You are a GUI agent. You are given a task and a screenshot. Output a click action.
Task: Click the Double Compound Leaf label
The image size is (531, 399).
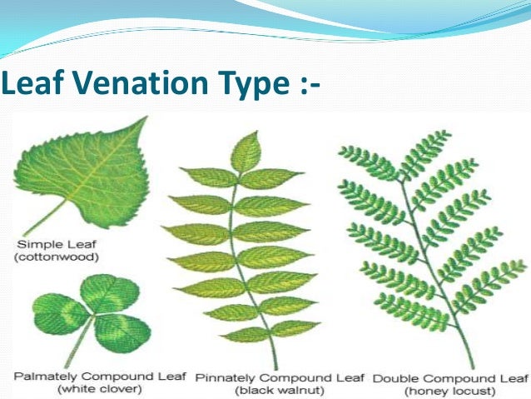[x=450, y=377]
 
